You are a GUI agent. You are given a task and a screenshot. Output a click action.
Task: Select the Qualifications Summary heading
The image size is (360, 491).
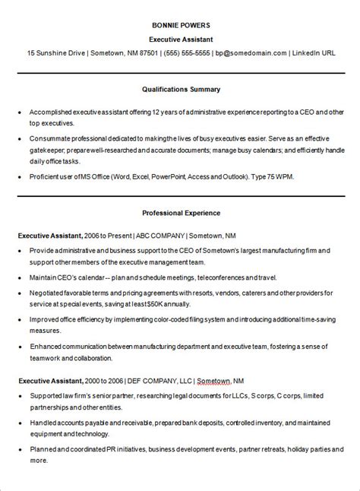click(181, 89)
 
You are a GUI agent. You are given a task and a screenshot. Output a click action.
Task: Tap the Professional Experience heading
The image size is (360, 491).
click(181, 214)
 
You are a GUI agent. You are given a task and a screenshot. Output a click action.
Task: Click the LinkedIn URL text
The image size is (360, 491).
click(314, 53)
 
